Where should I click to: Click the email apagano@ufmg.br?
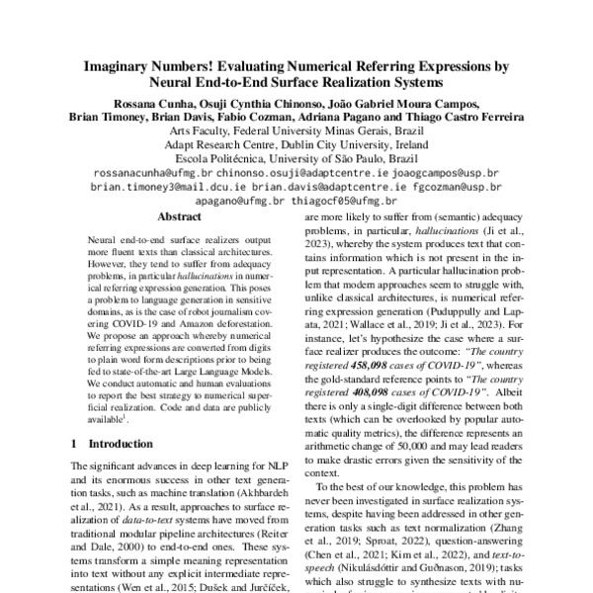pyautogui.click(x=243, y=200)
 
